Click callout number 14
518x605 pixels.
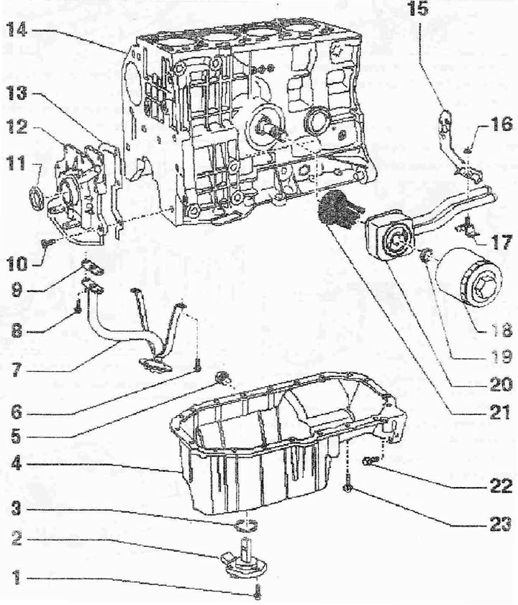click(17, 29)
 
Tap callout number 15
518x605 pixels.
click(418, 9)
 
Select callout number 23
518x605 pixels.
click(501, 524)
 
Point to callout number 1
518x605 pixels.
click(16, 578)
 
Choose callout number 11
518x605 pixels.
click(17, 163)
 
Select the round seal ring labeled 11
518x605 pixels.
click(36, 199)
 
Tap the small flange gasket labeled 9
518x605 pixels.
click(92, 266)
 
